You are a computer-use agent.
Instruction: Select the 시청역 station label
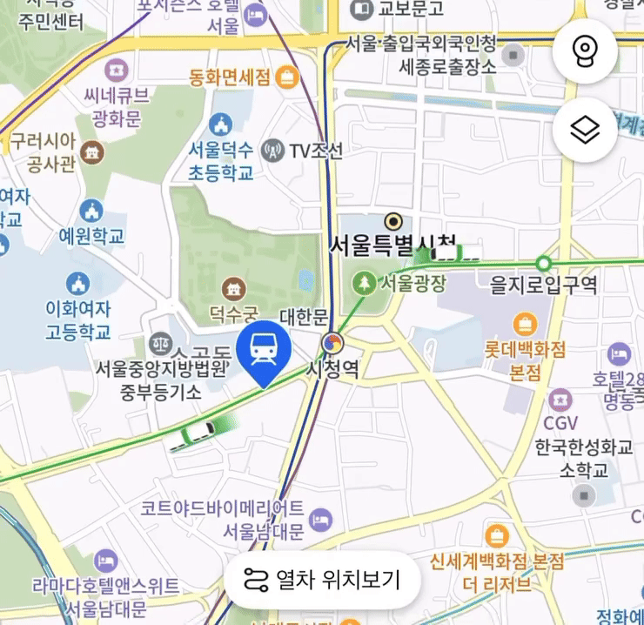pyautogui.click(x=332, y=368)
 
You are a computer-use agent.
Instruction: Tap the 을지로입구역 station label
pyautogui.click(x=544, y=285)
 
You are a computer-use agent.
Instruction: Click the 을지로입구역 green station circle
pyautogui.click(x=544, y=262)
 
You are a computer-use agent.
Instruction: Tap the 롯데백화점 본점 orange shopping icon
pyautogui.click(x=525, y=326)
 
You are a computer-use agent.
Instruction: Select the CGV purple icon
pyautogui.click(x=561, y=400)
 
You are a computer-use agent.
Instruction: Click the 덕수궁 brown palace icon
pyautogui.click(x=233, y=287)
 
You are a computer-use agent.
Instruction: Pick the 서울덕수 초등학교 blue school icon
pyautogui.click(x=221, y=125)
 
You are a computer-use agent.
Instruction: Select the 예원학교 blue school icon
pyautogui.click(x=91, y=211)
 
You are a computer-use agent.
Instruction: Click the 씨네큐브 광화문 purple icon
pyautogui.click(x=117, y=69)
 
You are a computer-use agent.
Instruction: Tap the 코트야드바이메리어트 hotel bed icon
pyautogui.click(x=321, y=521)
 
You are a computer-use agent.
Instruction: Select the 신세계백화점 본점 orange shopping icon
pyautogui.click(x=497, y=534)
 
